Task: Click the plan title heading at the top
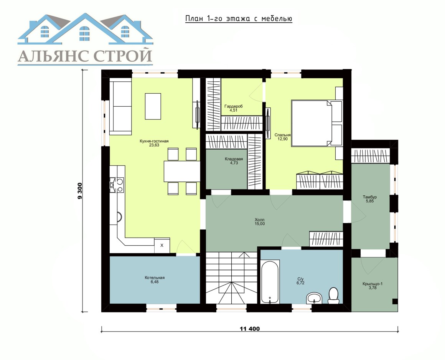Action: pyautogui.click(x=239, y=18)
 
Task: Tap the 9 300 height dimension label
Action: pyautogui.click(x=80, y=191)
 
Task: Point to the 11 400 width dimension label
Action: pyautogui.click(x=250, y=329)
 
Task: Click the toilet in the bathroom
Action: pyautogui.click(x=333, y=296)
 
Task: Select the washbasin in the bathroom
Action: pyautogui.click(x=314, y=298)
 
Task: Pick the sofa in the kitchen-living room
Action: pyautogui.click(x=120, y=108)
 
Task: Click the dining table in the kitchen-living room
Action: pyautogui.click(x=182, y=171)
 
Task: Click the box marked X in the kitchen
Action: pyautogui.click(x=162, y=245)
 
